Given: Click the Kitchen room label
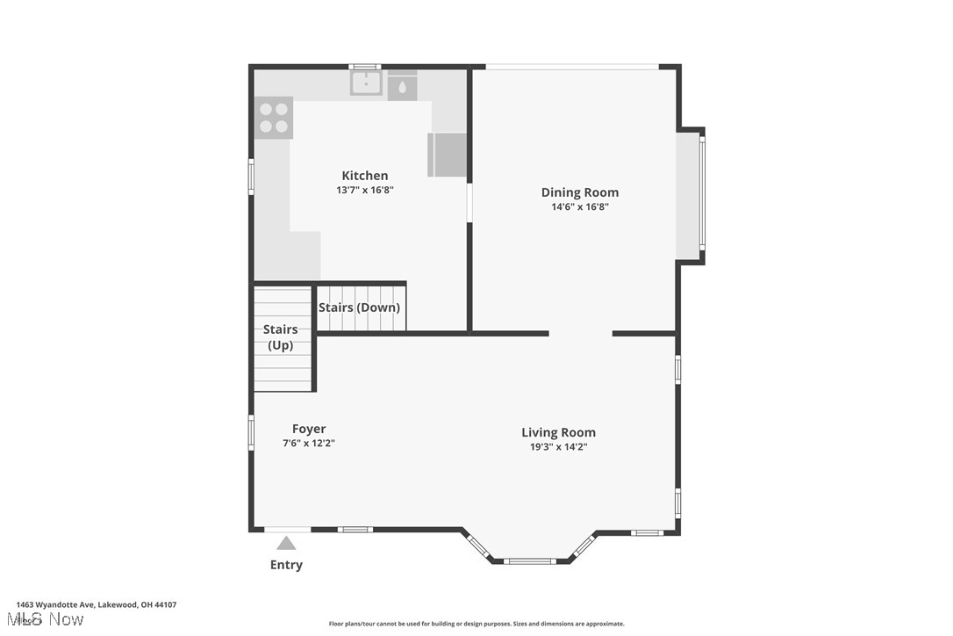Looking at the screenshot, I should pos(364,176).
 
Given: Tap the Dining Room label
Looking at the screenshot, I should pos(579,192).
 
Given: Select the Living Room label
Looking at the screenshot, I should pos(558,432).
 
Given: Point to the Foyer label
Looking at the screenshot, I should pos(309,429).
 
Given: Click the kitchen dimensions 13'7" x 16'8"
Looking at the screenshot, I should pos(364,190).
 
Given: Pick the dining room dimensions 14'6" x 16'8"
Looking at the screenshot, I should pos(579,207).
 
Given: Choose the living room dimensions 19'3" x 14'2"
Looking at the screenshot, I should pos(558,446).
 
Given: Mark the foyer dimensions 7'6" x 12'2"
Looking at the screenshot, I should pos(309,444).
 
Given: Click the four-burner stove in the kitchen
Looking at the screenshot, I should pos(274,118).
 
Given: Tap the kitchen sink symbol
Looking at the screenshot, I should pos(366,83).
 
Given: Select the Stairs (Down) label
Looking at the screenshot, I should pos(359,307).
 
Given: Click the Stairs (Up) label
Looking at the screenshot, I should pos(280,337).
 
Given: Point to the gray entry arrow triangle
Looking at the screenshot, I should pos(286,544).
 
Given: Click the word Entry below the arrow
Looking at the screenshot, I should pos(286,565).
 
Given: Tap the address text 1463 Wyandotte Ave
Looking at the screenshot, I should pos(97,604).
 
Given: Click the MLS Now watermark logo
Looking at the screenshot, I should pos(50,620).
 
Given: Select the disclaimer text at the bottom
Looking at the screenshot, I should pos(476,624).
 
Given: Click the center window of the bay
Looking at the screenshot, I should pos(530,560).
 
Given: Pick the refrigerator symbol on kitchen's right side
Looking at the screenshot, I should pos(448,155).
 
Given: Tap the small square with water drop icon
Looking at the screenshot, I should pos(402,86).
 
